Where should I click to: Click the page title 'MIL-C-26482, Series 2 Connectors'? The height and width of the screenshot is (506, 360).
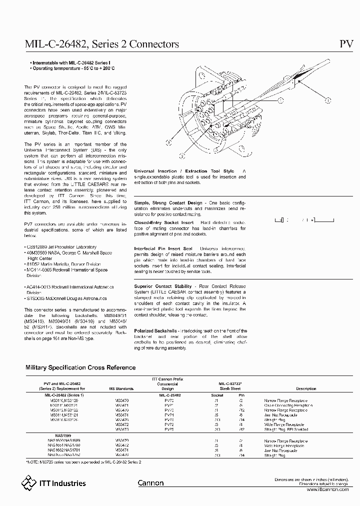coord(102,44)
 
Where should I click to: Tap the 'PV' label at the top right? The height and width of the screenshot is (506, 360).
coord(346,44)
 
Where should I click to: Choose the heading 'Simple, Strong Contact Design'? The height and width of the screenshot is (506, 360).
coord(168,202)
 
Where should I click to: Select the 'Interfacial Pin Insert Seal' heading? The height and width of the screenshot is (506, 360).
coord(163,248)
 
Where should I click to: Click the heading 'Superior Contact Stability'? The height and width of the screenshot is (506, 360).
coord(163,286)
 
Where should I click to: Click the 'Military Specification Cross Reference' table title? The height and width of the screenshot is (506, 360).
coord(80,367)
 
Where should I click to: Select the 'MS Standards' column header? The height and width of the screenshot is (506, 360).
coord(121,388)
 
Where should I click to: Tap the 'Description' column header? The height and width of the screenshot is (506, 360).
coord(305,388)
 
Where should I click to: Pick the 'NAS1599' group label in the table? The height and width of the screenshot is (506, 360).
coord(56,435)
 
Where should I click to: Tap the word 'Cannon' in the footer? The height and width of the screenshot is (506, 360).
coord(150,483)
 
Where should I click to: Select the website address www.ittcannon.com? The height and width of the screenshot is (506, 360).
coord(326,489)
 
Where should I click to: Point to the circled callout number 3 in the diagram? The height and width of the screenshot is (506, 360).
coord(168,142)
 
